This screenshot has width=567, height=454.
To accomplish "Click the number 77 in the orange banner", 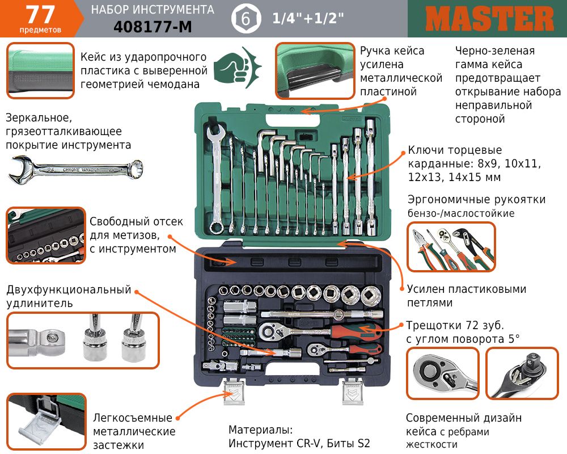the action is coord(40,15).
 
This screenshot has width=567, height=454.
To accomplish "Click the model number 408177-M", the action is coord(153,27).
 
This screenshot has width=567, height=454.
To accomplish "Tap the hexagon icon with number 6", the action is coord(246,19).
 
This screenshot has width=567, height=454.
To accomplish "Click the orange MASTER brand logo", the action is coord(490,19).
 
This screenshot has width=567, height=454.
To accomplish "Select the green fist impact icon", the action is coord(237,68).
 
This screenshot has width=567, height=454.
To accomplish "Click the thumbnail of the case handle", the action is coord(315,71).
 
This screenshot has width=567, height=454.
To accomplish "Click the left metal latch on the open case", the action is coord(234,391).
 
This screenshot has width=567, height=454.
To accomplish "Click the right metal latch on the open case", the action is coord(353,391).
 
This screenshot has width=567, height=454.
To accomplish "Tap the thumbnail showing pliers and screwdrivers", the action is coord(451,247).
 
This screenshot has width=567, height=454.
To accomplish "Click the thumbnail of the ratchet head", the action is coord(443,373).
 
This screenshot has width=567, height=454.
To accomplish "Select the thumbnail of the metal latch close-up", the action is coord(46,422).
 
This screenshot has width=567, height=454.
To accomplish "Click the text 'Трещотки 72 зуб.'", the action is coord(455,326).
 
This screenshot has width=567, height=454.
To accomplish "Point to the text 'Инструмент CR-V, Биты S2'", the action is coord(299,443).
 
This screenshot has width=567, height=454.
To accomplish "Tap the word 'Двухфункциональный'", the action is coord(69,289).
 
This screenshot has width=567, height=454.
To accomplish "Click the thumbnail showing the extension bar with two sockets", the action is coord(83,340).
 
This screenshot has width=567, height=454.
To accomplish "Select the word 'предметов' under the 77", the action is coord(40,30).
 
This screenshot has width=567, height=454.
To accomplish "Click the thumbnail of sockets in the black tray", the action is coord(46,236).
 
